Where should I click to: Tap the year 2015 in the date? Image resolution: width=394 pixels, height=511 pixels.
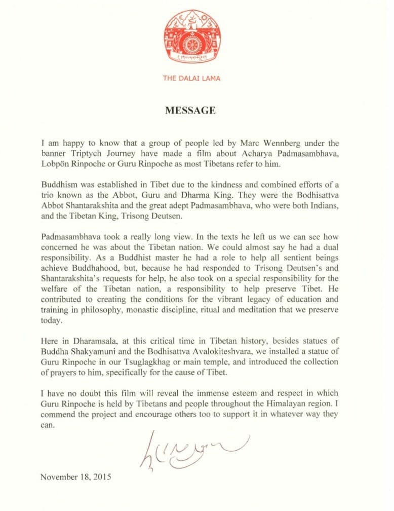tap(101, 477)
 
